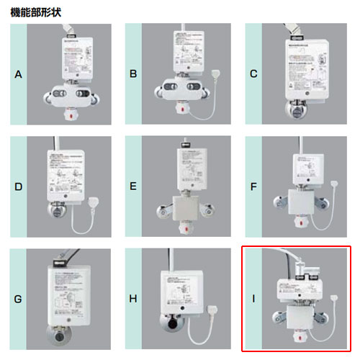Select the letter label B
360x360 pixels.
point(133,74)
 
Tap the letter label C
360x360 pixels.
point(254,74)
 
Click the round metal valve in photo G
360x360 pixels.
point(56,336)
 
